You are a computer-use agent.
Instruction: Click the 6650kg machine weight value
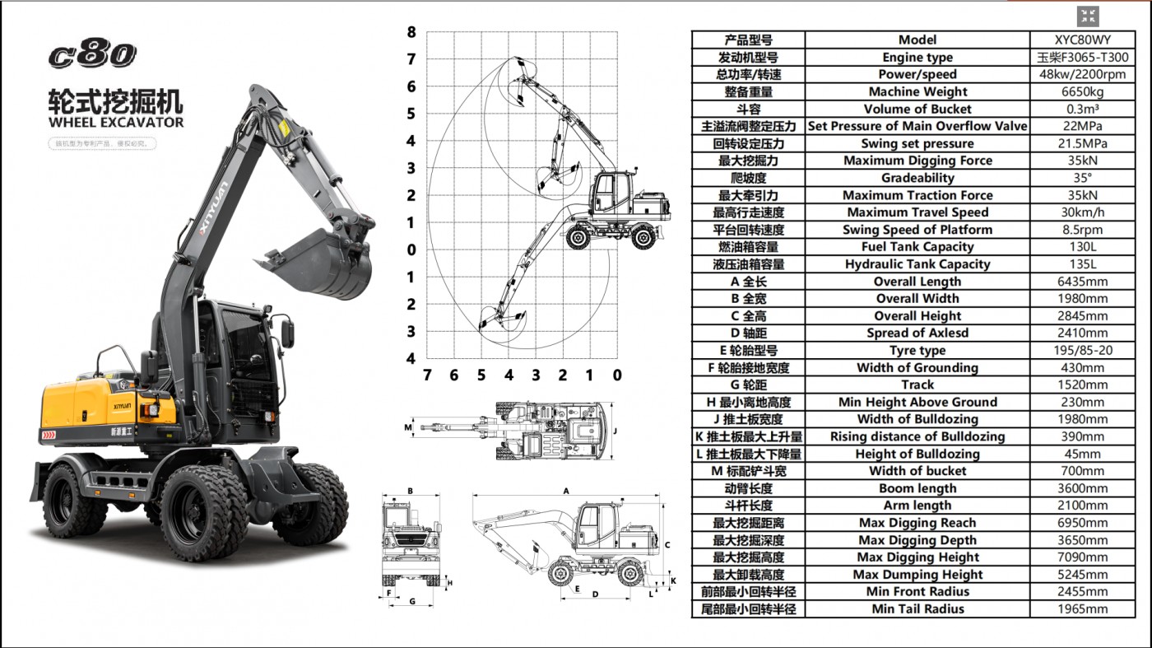tap(1082, 91)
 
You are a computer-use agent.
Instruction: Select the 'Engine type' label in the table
tap(917, 58)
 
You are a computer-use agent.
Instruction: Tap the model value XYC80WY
tap(1082, 40)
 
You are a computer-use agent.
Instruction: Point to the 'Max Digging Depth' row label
tap(917, 540)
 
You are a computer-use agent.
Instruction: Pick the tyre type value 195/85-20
tap(1082, 351)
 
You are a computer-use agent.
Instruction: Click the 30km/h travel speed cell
tap(1082, 212)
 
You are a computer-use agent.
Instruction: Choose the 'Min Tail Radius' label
tap(917, 609)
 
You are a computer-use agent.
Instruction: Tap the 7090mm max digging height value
tap(1082, 557)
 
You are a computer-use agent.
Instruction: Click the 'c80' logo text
tap(92, 54)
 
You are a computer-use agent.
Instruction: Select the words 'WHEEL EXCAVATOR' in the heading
tap(116, 123)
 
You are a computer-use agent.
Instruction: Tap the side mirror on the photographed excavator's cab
tap(287, 333)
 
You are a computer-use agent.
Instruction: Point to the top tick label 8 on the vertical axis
tap(411, 33)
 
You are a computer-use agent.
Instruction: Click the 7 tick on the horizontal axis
tap(426, 375)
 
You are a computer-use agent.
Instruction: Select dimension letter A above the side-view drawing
tap(566, 491)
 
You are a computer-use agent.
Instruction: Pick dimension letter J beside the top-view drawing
tap(615, 430)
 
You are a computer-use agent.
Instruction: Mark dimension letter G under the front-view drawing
tap(411, 602)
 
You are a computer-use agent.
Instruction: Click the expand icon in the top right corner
tap(1088, 16)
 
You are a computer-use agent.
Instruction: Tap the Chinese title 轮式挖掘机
tap(116, 101)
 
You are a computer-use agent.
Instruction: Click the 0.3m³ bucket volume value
tap(1082, 109)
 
